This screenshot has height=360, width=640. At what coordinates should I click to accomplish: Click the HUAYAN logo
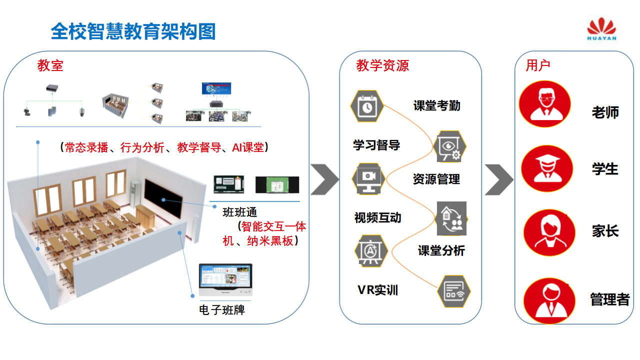(601, 30)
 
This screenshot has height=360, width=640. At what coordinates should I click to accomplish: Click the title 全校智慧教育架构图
(133, 31)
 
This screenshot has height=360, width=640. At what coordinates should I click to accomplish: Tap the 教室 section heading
(50, 65)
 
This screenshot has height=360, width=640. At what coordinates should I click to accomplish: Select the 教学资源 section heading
(382, 65)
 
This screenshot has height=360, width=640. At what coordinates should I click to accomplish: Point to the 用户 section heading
(538, 65)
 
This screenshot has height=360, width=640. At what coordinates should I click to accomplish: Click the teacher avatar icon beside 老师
(544, 104)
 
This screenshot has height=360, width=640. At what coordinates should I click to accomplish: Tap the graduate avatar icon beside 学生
(546, 169)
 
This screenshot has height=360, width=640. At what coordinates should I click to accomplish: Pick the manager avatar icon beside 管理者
(549, 301)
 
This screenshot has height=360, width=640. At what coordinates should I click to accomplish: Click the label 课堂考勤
(436, 105)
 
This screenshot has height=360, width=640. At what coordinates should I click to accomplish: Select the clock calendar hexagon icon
(367, 106)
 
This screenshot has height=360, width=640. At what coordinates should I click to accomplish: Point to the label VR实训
(377, 290)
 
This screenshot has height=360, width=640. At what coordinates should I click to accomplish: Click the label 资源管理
(436, 179)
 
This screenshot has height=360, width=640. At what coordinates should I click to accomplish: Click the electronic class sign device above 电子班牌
(225, 280)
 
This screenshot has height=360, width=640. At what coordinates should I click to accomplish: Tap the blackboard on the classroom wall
(162, 198)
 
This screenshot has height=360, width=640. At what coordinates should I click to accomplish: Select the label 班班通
(239, 212)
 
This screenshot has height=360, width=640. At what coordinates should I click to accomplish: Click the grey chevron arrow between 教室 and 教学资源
(325, 179)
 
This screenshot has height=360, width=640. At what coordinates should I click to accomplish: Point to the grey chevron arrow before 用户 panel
(498, 179)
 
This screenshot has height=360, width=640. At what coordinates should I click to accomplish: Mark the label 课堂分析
(441, 250)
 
